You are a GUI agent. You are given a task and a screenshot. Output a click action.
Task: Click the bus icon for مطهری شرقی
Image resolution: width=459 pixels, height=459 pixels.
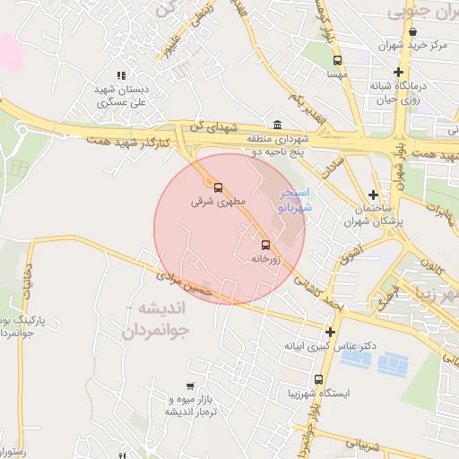point(219,189)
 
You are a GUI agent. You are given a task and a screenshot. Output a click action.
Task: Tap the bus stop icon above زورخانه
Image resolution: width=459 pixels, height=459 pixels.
point(265,245)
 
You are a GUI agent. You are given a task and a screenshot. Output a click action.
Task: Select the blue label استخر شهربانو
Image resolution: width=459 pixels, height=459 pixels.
point(295,199)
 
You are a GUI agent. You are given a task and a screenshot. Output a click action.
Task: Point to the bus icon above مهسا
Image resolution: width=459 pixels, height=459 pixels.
point(337,61)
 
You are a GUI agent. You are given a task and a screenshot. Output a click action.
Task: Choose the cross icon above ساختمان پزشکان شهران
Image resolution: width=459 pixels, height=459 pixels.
point(372,194)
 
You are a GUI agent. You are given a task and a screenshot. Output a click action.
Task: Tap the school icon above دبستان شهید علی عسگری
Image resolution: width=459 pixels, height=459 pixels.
point(122,76)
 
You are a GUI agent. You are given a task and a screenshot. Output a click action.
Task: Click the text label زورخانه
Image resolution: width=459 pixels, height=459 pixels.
point(264,259)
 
